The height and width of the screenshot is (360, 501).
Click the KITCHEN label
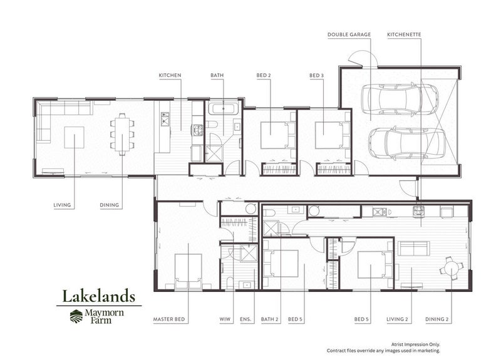pos(170,75)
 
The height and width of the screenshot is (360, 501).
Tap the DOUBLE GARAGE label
pos(349,34)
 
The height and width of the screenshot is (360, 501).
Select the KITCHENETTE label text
pos(404,34)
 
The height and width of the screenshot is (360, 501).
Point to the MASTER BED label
pos(169,319)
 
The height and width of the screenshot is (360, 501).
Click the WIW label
pos(225,319)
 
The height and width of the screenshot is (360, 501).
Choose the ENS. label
pos(245,319)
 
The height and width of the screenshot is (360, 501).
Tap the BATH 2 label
pos(270,319)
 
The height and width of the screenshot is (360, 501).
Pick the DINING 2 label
pos(436,319)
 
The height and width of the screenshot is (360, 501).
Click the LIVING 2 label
pos(397,319)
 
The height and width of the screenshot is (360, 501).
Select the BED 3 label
pos(317,75)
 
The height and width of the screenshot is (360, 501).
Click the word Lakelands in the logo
pos(99,296)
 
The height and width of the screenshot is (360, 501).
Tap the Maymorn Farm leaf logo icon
pos(76,316)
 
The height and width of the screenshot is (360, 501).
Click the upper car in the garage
pos(400,99)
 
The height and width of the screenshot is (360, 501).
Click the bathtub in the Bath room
pos(224,108)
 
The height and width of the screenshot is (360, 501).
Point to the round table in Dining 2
pos(451,268)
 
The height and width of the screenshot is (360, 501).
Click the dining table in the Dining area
pos(122,134)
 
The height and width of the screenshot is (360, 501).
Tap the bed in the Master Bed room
pos(189,272)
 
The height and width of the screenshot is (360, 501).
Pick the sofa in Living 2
pos(413,248)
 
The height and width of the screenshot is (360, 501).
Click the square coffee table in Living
pos(75,137)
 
